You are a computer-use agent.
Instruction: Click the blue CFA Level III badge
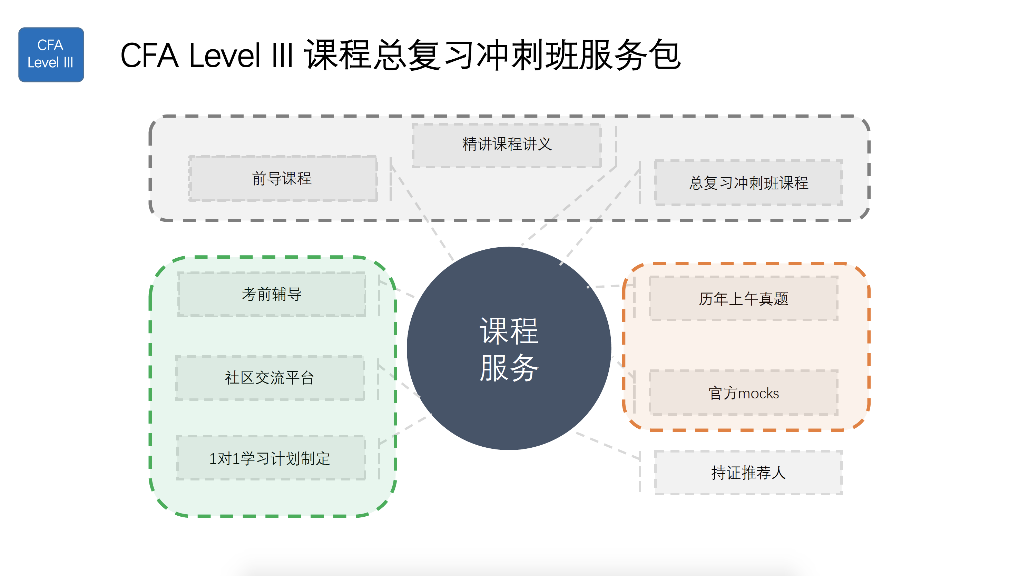pos(51,55)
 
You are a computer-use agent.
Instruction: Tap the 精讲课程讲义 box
pos(507,145)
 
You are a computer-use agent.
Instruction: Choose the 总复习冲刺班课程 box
pos(748,183)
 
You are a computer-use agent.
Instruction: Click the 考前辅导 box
pos(272,294)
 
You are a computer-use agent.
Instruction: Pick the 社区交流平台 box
pos(270,378)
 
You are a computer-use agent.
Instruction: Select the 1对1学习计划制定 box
pos(271,458)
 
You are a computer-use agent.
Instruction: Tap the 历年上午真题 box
pos(743,298)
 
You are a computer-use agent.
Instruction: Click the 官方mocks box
pos(743,393)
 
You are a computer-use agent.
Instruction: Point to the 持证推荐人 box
pos(748,473)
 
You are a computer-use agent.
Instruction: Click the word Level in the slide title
pos(225,55)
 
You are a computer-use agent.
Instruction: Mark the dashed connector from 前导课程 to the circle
pos(423,211)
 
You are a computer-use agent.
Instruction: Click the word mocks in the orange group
pos(758,394)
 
